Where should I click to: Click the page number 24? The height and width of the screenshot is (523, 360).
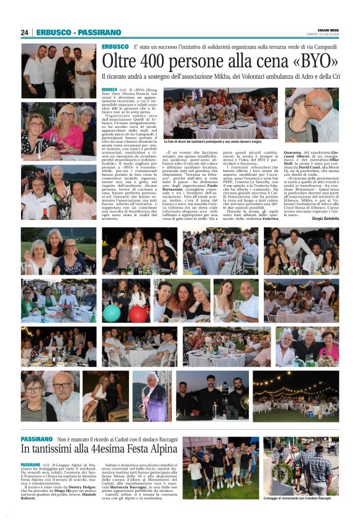click(24, 32)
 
